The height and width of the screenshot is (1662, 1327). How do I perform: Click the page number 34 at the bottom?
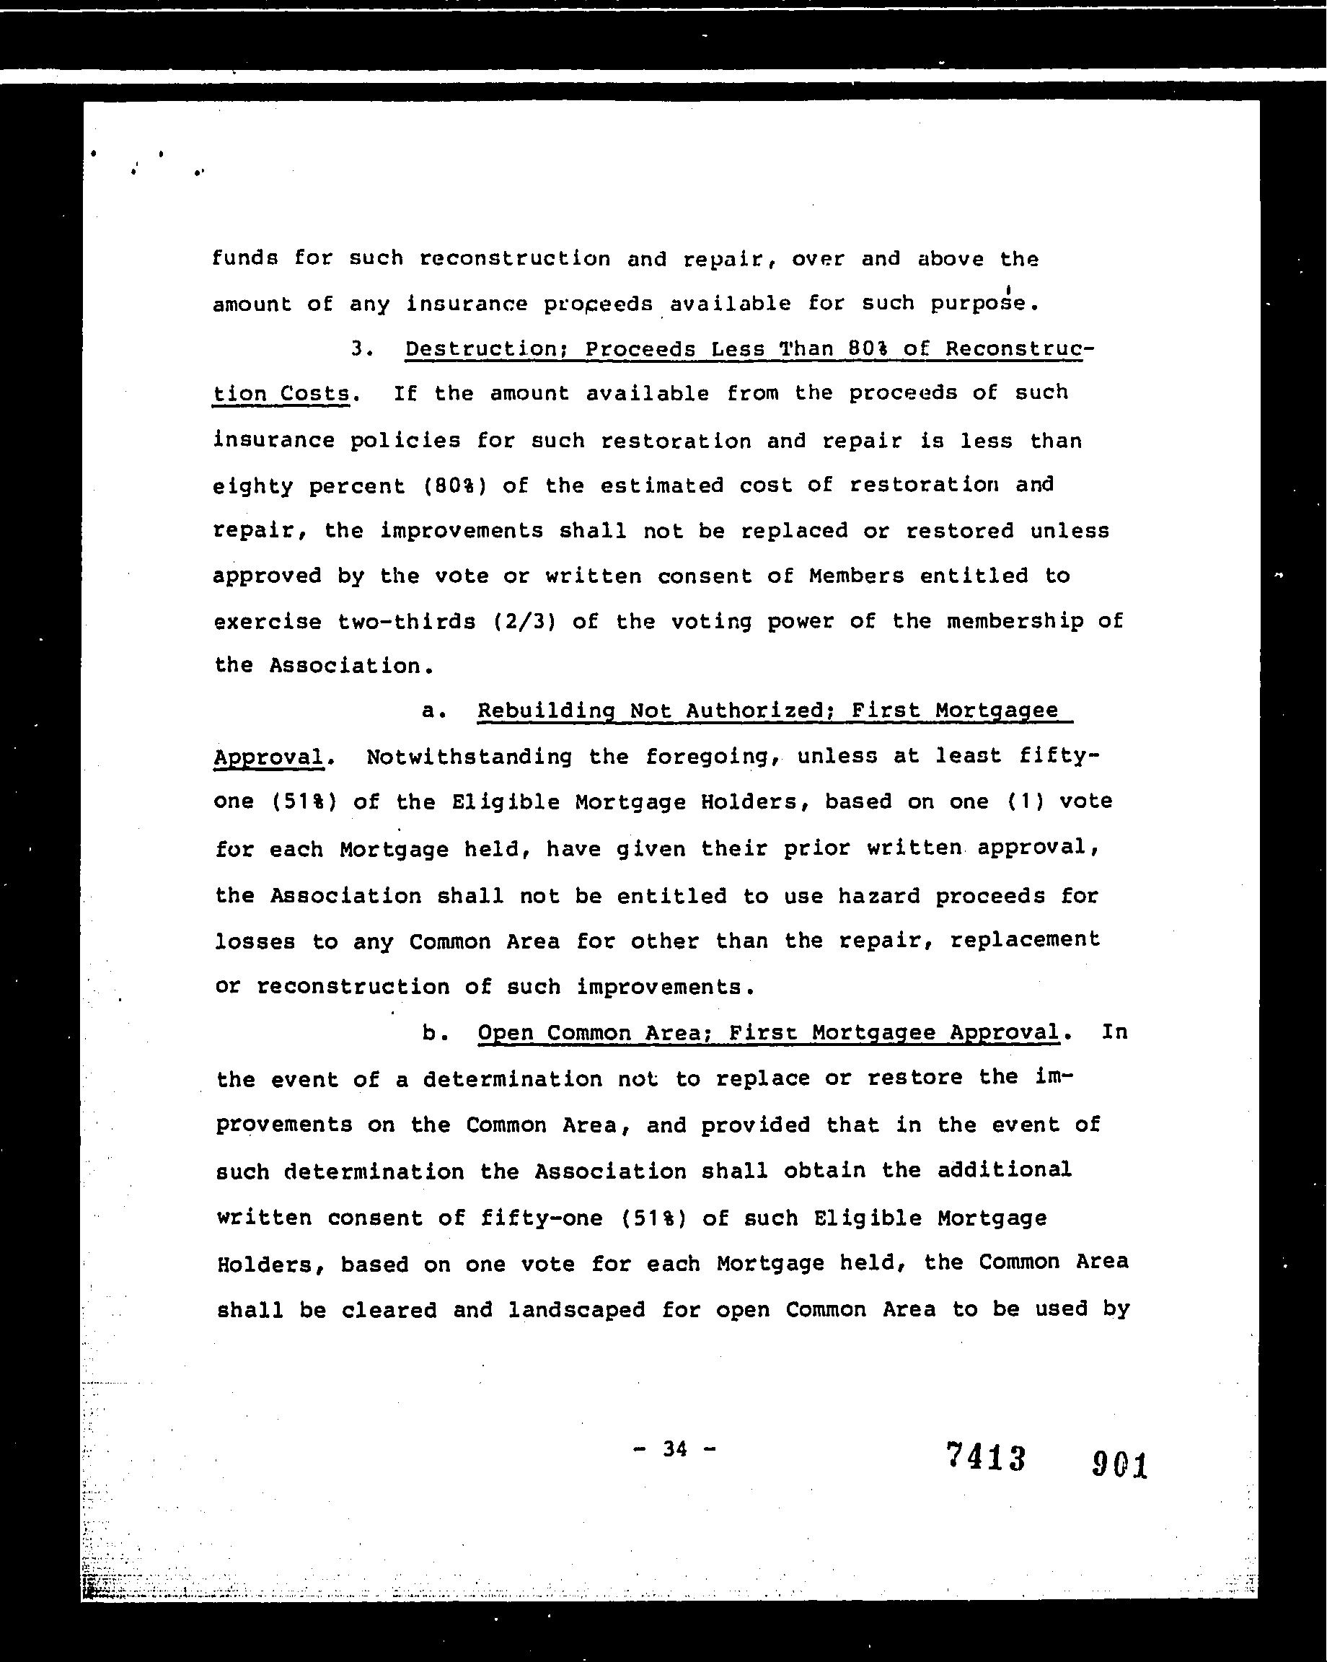coord(674,1449)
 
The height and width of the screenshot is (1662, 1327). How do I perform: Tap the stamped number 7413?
coord(986,1457)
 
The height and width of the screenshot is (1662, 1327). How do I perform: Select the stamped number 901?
coord(1120,1463)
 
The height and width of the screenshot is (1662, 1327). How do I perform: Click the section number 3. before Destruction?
coord(361,348)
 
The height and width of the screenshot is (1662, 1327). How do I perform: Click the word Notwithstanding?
coord(469,756)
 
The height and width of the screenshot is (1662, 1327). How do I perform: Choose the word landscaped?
coord(576,1310)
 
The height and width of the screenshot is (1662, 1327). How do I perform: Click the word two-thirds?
coord(407,621)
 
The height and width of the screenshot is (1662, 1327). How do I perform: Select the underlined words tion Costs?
coord(281,393)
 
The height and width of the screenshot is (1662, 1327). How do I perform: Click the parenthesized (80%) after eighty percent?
coord(455,485)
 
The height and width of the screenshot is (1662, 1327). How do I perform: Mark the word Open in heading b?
coord(506,1033)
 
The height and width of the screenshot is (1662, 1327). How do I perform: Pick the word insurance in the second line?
coord(466,304)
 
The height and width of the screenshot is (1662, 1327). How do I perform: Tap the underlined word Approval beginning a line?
coord(268,756)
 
